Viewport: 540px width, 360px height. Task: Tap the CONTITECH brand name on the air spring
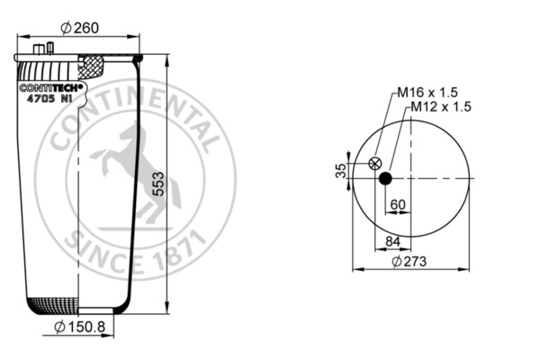(51, 87)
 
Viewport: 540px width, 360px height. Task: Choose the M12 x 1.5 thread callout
(441, 106)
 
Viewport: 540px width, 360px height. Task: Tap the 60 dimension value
(398, 204)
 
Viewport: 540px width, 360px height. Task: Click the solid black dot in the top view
(385, 178)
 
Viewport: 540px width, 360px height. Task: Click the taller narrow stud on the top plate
(50, 49)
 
